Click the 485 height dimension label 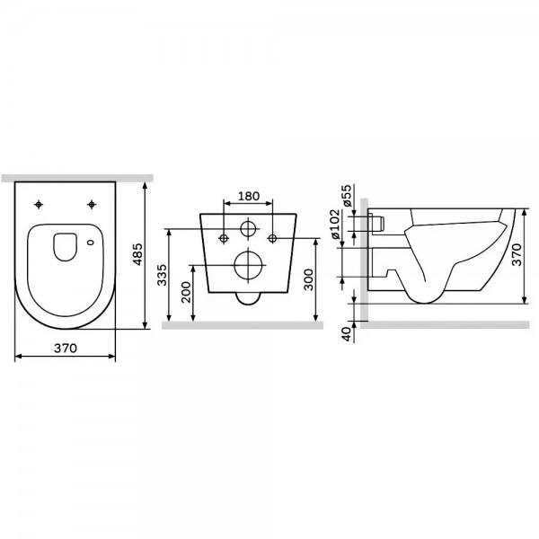137,254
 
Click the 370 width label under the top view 66,349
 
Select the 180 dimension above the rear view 249,196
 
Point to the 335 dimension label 162,275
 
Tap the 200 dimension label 186,292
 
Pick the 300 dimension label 309,279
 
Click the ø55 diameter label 347,196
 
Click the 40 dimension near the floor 348,334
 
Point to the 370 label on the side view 517,254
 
